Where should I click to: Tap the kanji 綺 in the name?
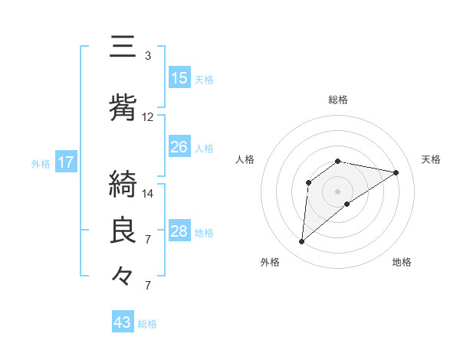click(123, 184)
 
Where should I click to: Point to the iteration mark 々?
click(123, 274)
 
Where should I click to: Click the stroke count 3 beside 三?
click(148, 56)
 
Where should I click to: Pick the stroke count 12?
click(148, 117)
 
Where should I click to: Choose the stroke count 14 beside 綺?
click(148, 193)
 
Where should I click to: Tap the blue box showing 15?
click(179, 78)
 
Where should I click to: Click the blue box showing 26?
click(179, 147)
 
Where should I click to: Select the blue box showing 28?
click(179, 231)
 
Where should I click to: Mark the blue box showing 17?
click(65, 162)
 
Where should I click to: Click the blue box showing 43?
click(123, 322)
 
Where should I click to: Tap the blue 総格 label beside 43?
click(148, 324)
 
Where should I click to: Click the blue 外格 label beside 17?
click(41, 163)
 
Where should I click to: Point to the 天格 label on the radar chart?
click(431, 159)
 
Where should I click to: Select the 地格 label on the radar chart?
click(402, 262)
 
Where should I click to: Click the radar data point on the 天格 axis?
click(396, 172)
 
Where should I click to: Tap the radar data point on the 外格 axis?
click(301, 242)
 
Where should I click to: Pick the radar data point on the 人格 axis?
click(308, 182)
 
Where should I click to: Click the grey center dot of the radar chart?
click(337, 191)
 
